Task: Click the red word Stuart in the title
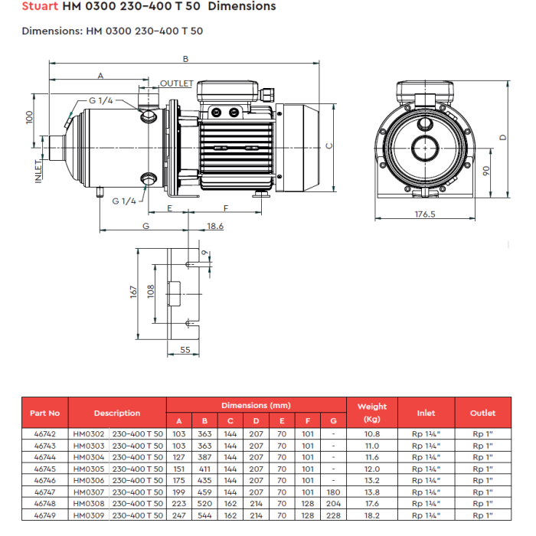click(x=40, y=6)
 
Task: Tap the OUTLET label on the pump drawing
click(x=177, y=83)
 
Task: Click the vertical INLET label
click(x=38, y=172)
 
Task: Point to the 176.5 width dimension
click(x=425, y=214)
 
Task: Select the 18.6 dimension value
click(x=215, y=226)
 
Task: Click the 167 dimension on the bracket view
click(x=133, y=293)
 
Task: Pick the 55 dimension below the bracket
click(x=185, y=350)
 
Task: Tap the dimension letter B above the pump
click(x=185, y=59)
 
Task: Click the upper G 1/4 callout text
click(x=101, y=100)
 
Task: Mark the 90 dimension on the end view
click(x=485, y=171)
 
